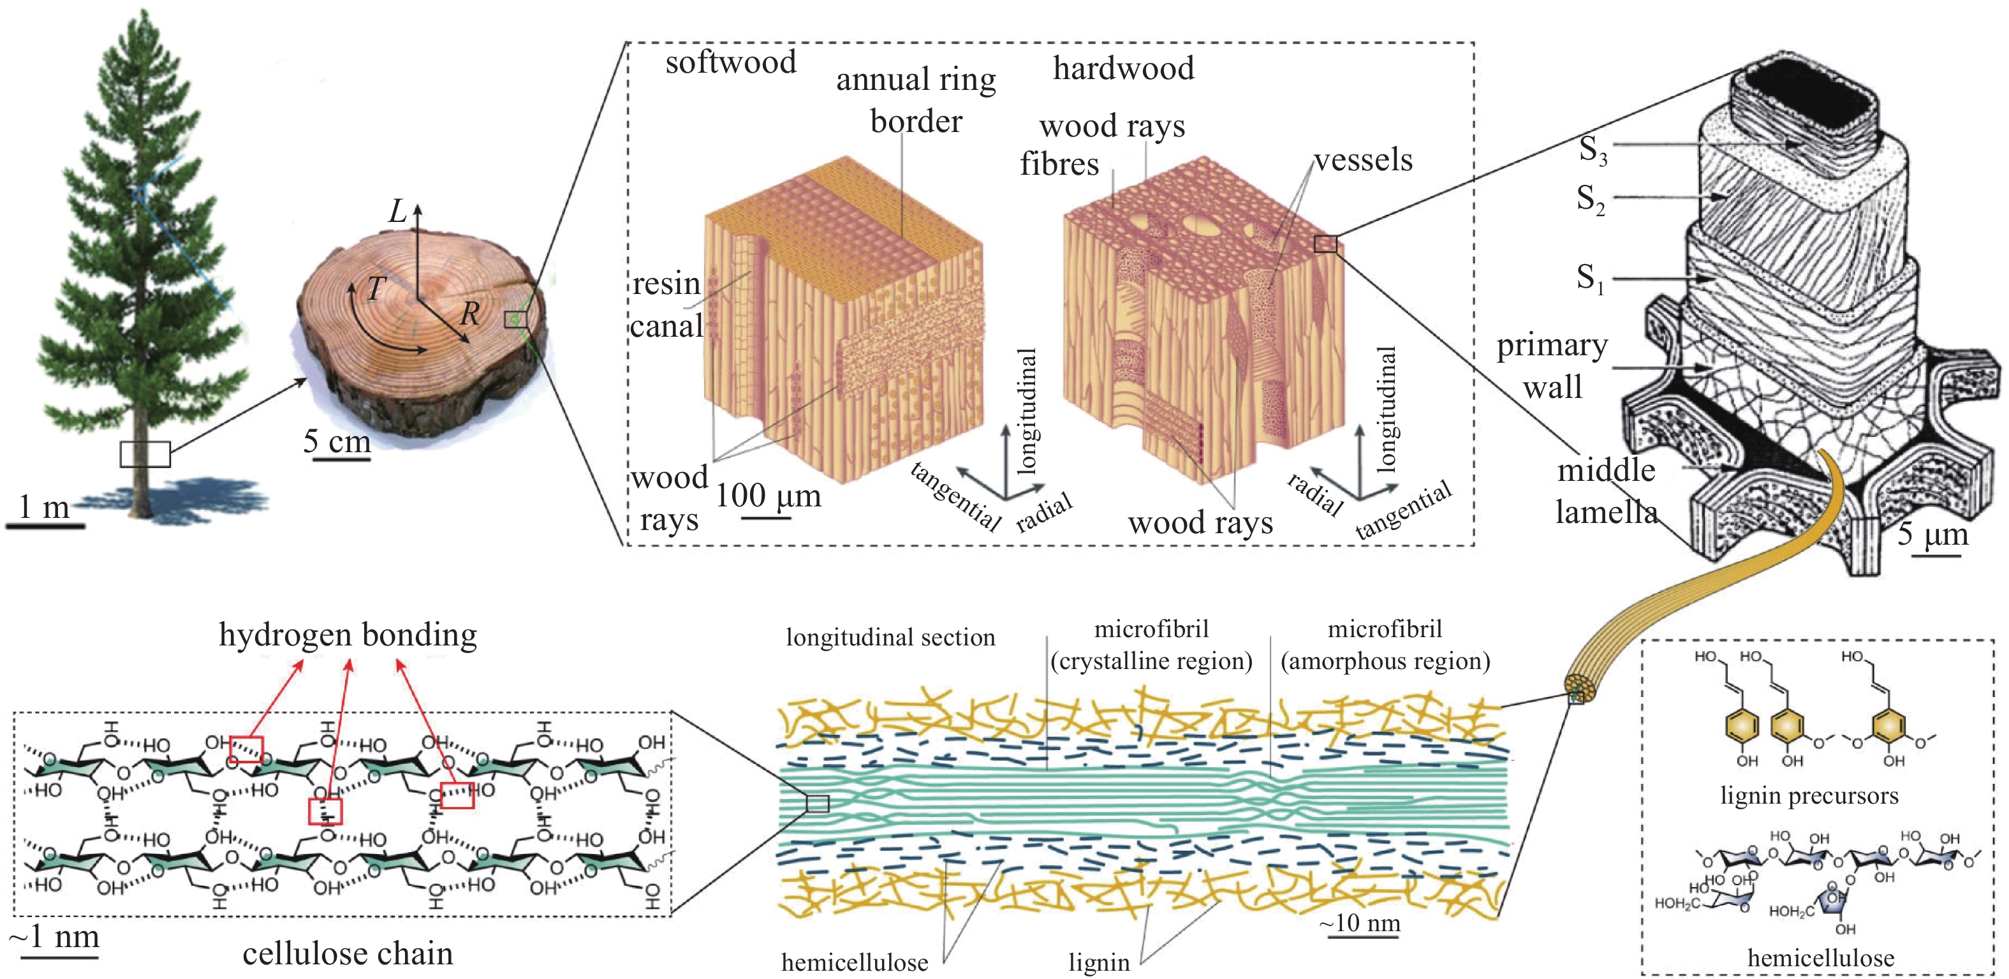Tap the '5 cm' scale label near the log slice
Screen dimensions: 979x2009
[x=337, y=441]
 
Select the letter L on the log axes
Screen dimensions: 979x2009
[x=398, y=211]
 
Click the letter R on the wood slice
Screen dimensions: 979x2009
[x=469, y=314]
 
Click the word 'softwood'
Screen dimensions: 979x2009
[x=730, y=63]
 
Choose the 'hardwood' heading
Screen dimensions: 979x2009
[x=1123, y=69]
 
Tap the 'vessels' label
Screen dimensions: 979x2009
[x=1364, y=160]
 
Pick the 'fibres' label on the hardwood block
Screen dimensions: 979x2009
[x=1059, y=164]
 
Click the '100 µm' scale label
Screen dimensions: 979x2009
[x=768, y=496]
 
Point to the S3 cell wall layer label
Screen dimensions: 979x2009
[x=1593, y=150]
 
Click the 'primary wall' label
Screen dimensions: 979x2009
[x=1552, y=365]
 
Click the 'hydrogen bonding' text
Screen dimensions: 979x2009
[x=348, y=635]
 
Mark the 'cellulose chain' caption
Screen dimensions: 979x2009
[x=348, y=953]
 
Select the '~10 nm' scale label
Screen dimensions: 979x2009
[x=1359, y=924]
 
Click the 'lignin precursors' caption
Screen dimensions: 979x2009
[x=1809, y=796]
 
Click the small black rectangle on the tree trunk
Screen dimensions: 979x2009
[x=145, y=454]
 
